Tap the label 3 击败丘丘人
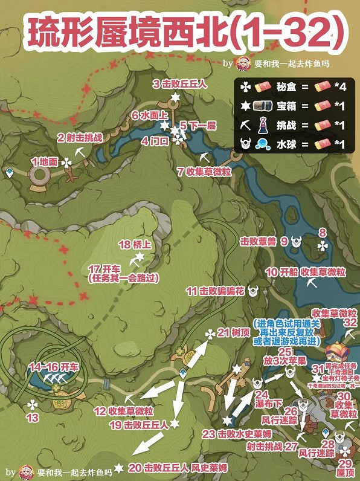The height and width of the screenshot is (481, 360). [x=179, y=84]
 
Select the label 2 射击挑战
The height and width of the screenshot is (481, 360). [x=79, y=138]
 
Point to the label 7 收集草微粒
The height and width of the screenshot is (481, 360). [x=205, y=171]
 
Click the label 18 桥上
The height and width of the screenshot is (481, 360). [x=133, y=245]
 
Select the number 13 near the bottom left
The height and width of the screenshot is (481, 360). [x=33, y=418]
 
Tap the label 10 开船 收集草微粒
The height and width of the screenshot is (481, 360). [x=306, y=272]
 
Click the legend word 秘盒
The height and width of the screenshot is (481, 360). [x=283, y=88]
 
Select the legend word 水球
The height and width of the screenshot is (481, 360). [x=283, y=146]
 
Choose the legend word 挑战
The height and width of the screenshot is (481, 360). [x=283, y=126]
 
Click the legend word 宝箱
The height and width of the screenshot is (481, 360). [x=283, y=107]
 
